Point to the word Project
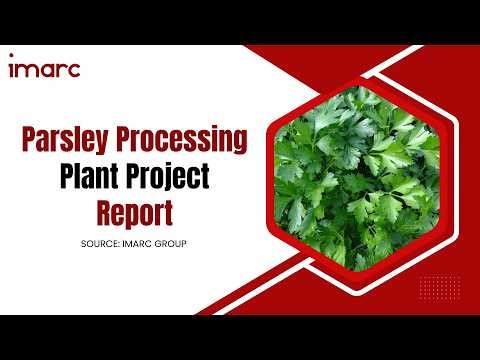(x=176, y=178)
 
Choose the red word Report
(x=135, y=212)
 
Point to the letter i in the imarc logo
(x=11, y=68)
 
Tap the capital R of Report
(x=105, y=212)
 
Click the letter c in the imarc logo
(x=74, y=70)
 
